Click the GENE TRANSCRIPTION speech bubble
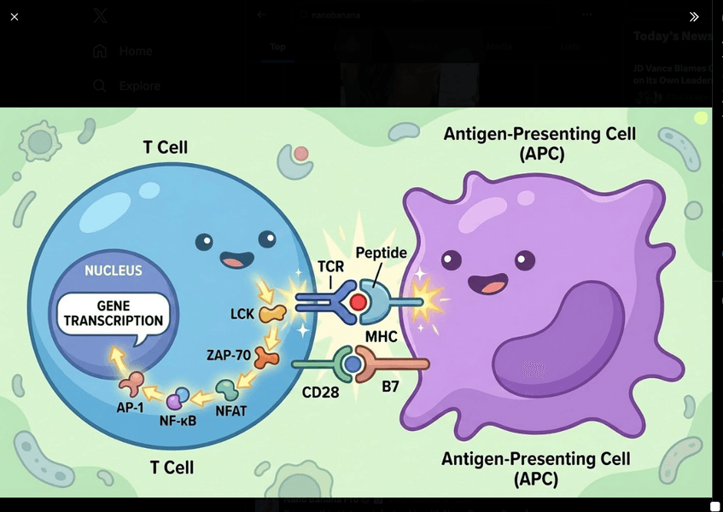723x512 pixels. tap(112, 313)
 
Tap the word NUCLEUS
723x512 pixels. tap(113, 271)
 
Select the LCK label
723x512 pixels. tap(242, 314)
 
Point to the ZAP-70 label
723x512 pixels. tap(229, 355)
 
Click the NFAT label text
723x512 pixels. tap(230, 411)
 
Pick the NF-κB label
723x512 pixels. tap(178, 420)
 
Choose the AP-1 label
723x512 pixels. tap(129, 407)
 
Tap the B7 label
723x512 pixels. tap(391, 387)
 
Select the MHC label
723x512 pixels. tap(382, 337)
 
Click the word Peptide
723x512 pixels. tap(382, 253)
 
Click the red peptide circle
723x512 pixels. tap(359, 302)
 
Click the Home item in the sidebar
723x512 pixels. tap(135, 51)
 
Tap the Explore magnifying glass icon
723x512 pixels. tap(100, 85)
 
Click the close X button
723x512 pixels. tap(15, 16)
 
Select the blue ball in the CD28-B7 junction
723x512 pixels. tap(352, 364)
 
